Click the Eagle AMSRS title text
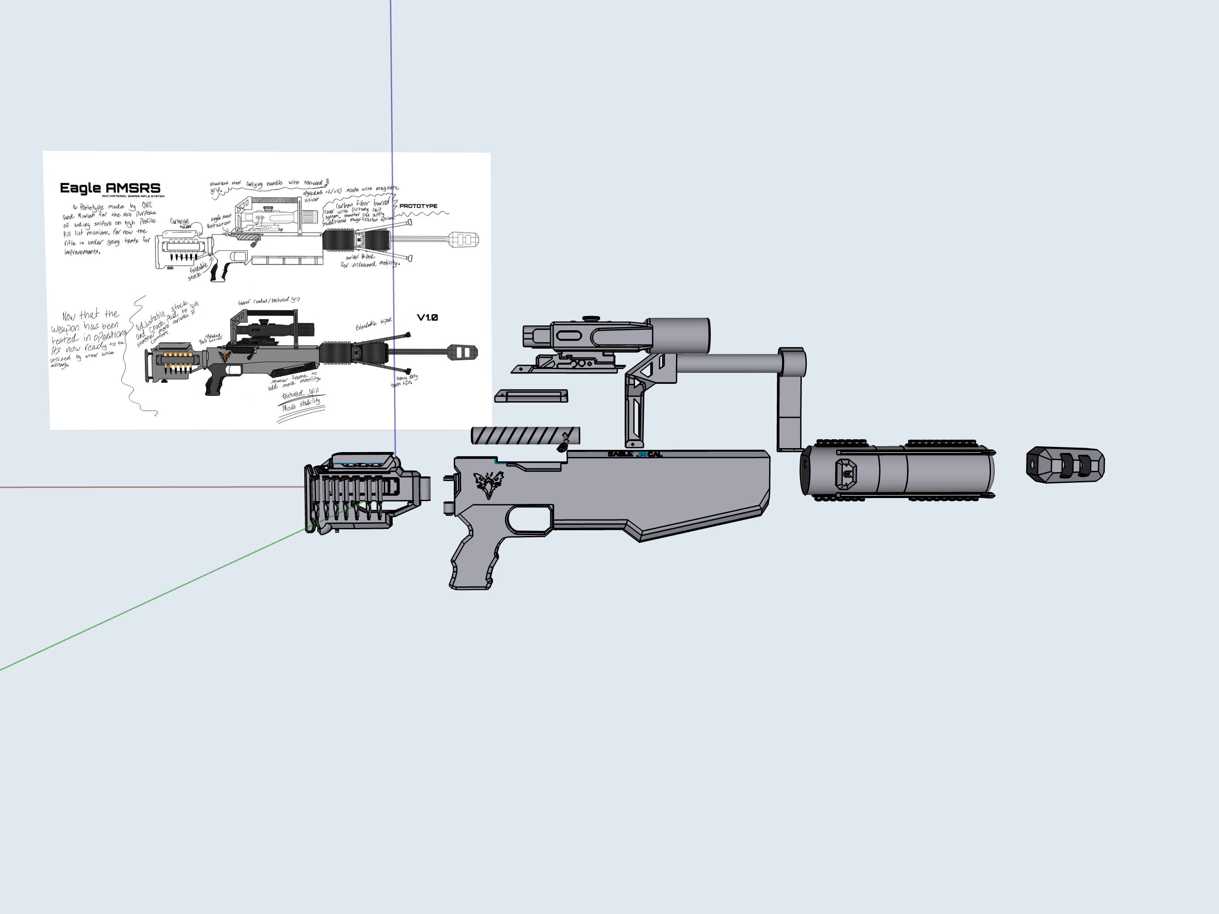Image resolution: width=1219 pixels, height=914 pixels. [110, 188]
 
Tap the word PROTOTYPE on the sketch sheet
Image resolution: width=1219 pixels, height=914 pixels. [418, 206]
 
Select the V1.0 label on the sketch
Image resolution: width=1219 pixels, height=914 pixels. [427, 317]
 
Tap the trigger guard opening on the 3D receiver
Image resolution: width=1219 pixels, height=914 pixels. [528, 519]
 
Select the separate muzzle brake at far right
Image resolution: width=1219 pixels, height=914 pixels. [1065, 464]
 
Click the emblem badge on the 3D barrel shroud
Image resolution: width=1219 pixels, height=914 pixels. [846, 473]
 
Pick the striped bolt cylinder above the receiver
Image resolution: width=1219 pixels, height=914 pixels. [524, 436]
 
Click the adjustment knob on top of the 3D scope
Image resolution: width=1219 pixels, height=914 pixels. [591, 318]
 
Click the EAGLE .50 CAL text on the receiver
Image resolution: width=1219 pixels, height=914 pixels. [635, 454]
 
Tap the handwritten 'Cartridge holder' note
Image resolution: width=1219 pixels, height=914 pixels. [180, 223]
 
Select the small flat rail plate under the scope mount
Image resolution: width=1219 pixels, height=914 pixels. [531, 396]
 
